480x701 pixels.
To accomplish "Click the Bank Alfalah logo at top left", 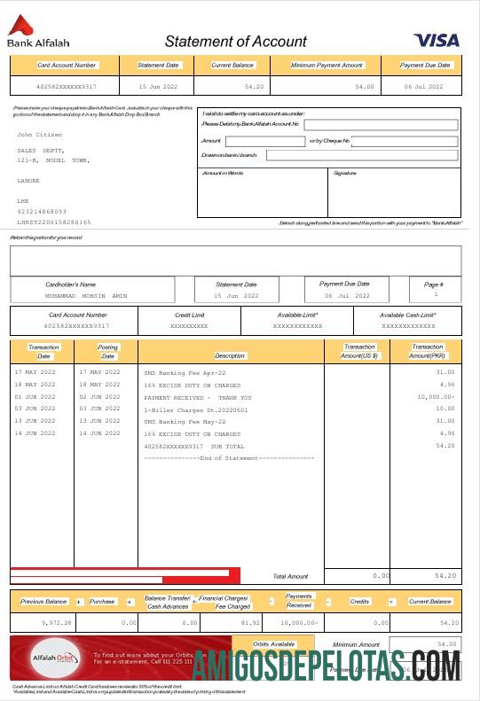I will [x=37, y=34].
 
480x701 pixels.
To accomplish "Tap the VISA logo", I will [x=436, y=40].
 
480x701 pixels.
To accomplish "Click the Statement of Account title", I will [x=235, y=42].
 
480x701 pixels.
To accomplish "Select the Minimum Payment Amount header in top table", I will [x=327, y=66].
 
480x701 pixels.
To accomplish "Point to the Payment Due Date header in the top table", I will [x=425, y=66].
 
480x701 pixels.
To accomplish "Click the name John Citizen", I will [x=40, y=135].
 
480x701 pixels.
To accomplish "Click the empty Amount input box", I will [x=264, y=141].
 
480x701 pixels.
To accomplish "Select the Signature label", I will [x=344, y=173].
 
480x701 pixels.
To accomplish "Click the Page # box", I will [x=436, y=289].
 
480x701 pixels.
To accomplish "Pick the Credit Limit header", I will [x=189, y=315].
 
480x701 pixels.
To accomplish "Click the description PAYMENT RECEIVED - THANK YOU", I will [x=198, y=398].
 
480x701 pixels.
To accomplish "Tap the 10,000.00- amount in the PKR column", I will [x=433, y=398].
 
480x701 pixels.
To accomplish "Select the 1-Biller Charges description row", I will [x=196, y=410].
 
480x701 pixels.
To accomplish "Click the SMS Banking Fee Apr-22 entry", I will [x=185, y=373].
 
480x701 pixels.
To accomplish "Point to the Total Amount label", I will [x=290, y=576].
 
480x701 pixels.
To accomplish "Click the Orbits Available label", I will [x=274, y=644].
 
